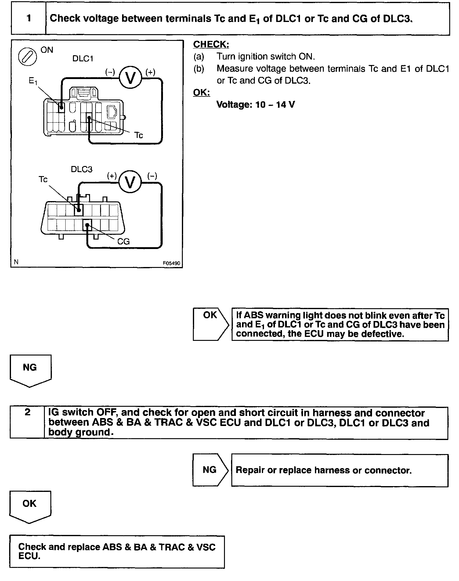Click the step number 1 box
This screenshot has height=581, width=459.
tap(29, 18)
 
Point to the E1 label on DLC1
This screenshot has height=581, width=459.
tap(33, 81)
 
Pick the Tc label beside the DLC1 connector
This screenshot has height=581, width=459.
tap(139, 135)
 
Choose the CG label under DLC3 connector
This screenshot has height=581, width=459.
tap(124, 242)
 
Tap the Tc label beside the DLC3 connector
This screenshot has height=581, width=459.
tap(43, 179)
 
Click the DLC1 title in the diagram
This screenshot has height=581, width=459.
tap(83, 59)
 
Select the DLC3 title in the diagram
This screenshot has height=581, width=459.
tap(81, 169)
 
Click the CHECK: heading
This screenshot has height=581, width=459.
tap(211, 45)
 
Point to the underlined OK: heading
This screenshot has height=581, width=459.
tap(202, 92)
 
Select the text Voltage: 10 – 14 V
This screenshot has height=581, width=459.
tap(255, 105)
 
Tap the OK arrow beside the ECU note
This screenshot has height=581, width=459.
tap(210, 324)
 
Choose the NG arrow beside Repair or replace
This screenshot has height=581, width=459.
tap(210, 470)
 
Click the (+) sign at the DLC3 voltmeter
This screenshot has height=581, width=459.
tap(112, 176)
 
